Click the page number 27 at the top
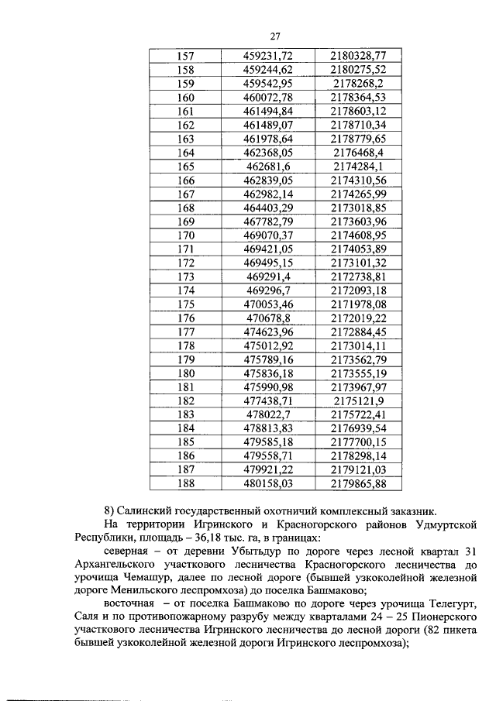(x=274, y=36)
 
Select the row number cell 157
(x=186, y=56)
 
